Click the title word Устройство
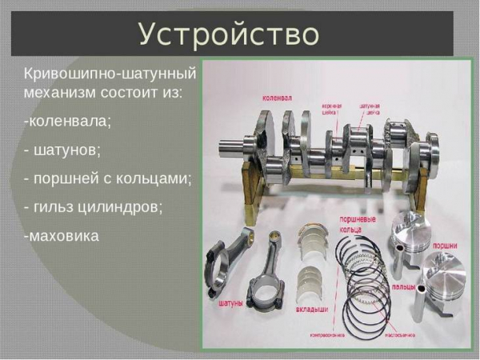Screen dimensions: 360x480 click(x=229, y=34)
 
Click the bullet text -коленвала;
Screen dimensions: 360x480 click(x=68, y=121)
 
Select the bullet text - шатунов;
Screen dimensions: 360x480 click(x=62, y=150)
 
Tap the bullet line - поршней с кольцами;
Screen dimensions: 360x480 click(x=108, y=178)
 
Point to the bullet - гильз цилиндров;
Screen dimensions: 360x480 click(x=94, y=206)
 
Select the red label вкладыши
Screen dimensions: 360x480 click(x=314, y=306)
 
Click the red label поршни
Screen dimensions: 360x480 click(x=448, y=246)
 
